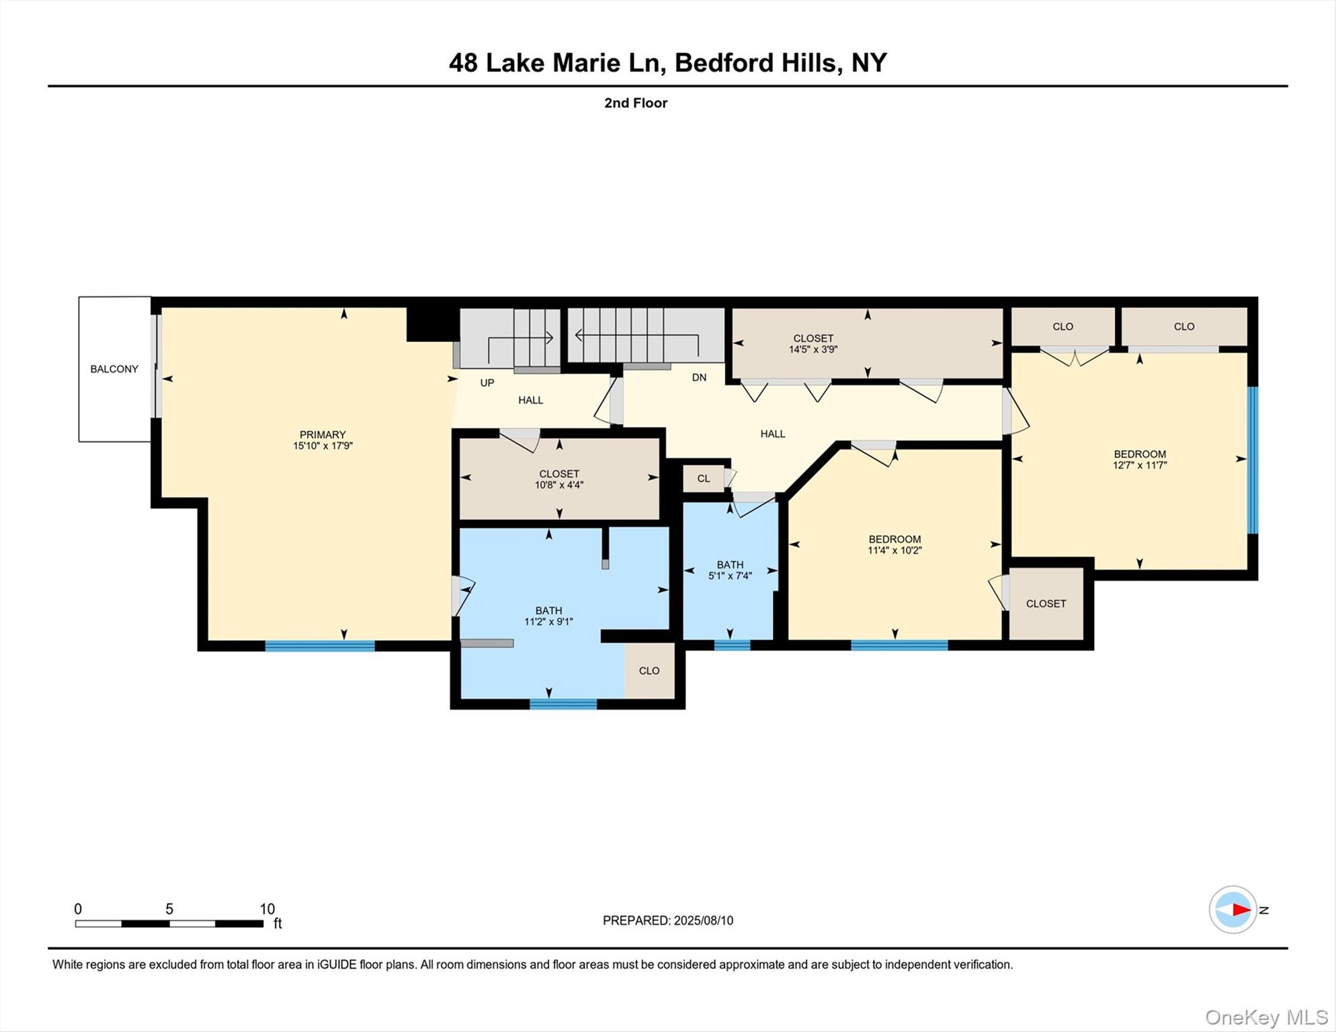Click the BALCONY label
[114, 369]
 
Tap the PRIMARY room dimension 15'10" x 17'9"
[323, 446]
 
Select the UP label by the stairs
[487, 383]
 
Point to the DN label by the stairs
[699, 378]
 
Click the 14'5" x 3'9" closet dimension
[813, 349]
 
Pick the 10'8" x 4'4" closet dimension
[559, 485]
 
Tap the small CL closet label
[704, 479]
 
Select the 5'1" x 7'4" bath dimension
[730, 576]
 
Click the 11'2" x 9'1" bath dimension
[548, 622]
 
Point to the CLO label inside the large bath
[649, 671]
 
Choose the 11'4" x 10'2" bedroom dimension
[894, 550]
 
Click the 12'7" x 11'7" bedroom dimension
[1140, 465]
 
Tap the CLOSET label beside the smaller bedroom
[1046, 604]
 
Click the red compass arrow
[1241, 910]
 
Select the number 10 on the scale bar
[267, 909]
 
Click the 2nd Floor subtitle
[636, 103]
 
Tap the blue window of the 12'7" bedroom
[1253, 460]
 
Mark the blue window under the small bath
[732, 645]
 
